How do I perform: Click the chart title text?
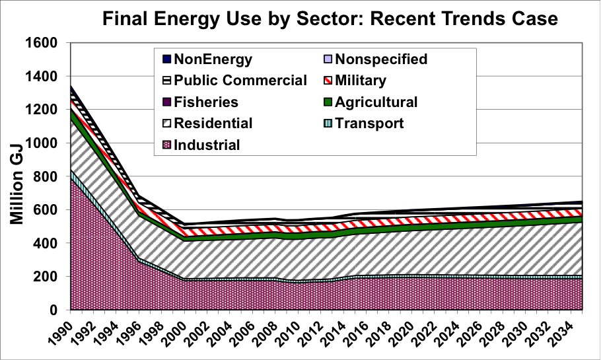330,18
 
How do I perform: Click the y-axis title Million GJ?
17,185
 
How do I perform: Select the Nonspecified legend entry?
376,59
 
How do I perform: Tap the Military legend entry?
355,80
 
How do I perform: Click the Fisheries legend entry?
201,102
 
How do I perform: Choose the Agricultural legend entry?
371,102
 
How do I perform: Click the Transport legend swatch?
328,124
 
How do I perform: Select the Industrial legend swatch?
166,145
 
